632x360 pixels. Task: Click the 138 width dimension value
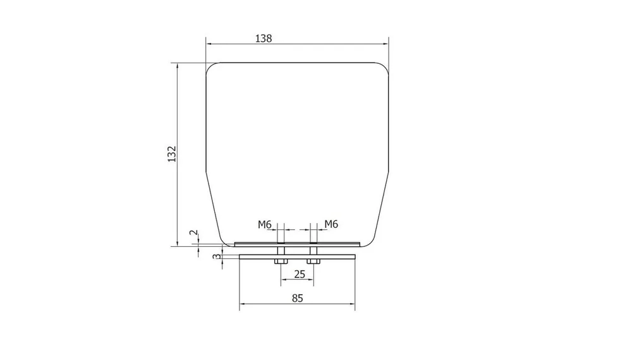point(264,39)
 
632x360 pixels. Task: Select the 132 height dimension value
point(172,154)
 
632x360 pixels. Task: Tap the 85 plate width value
point(297,298)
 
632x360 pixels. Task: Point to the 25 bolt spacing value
point(300,274)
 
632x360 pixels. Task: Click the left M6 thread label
point(265,224)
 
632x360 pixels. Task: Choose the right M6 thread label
point(331,224)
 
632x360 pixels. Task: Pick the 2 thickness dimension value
point(194,233)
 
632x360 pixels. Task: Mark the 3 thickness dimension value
point(217,256)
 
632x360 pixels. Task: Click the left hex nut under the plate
point(281,261)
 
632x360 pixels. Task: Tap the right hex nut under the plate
point(313,261)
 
